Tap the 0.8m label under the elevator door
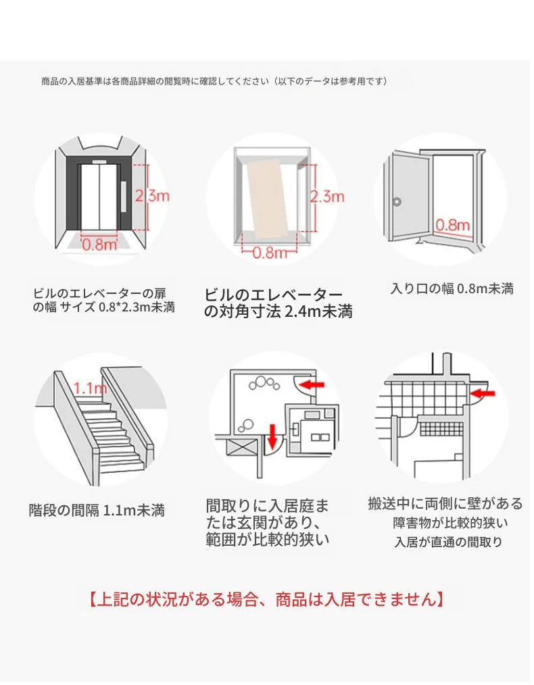100,245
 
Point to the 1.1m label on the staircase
90,388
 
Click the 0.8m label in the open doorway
452,224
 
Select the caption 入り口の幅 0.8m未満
452,288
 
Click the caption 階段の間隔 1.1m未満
97,510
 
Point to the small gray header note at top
214,81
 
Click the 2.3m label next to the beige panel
327,197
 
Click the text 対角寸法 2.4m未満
278,312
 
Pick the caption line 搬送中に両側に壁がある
445,503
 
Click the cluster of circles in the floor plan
262,385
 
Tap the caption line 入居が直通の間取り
449,542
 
